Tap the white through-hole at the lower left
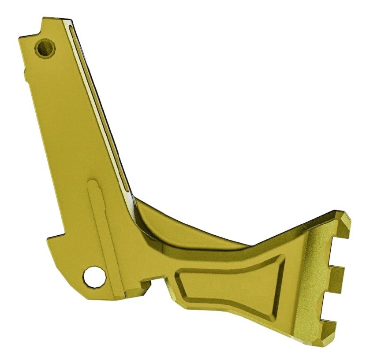pos(95,276)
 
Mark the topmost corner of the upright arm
pos(44,19)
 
